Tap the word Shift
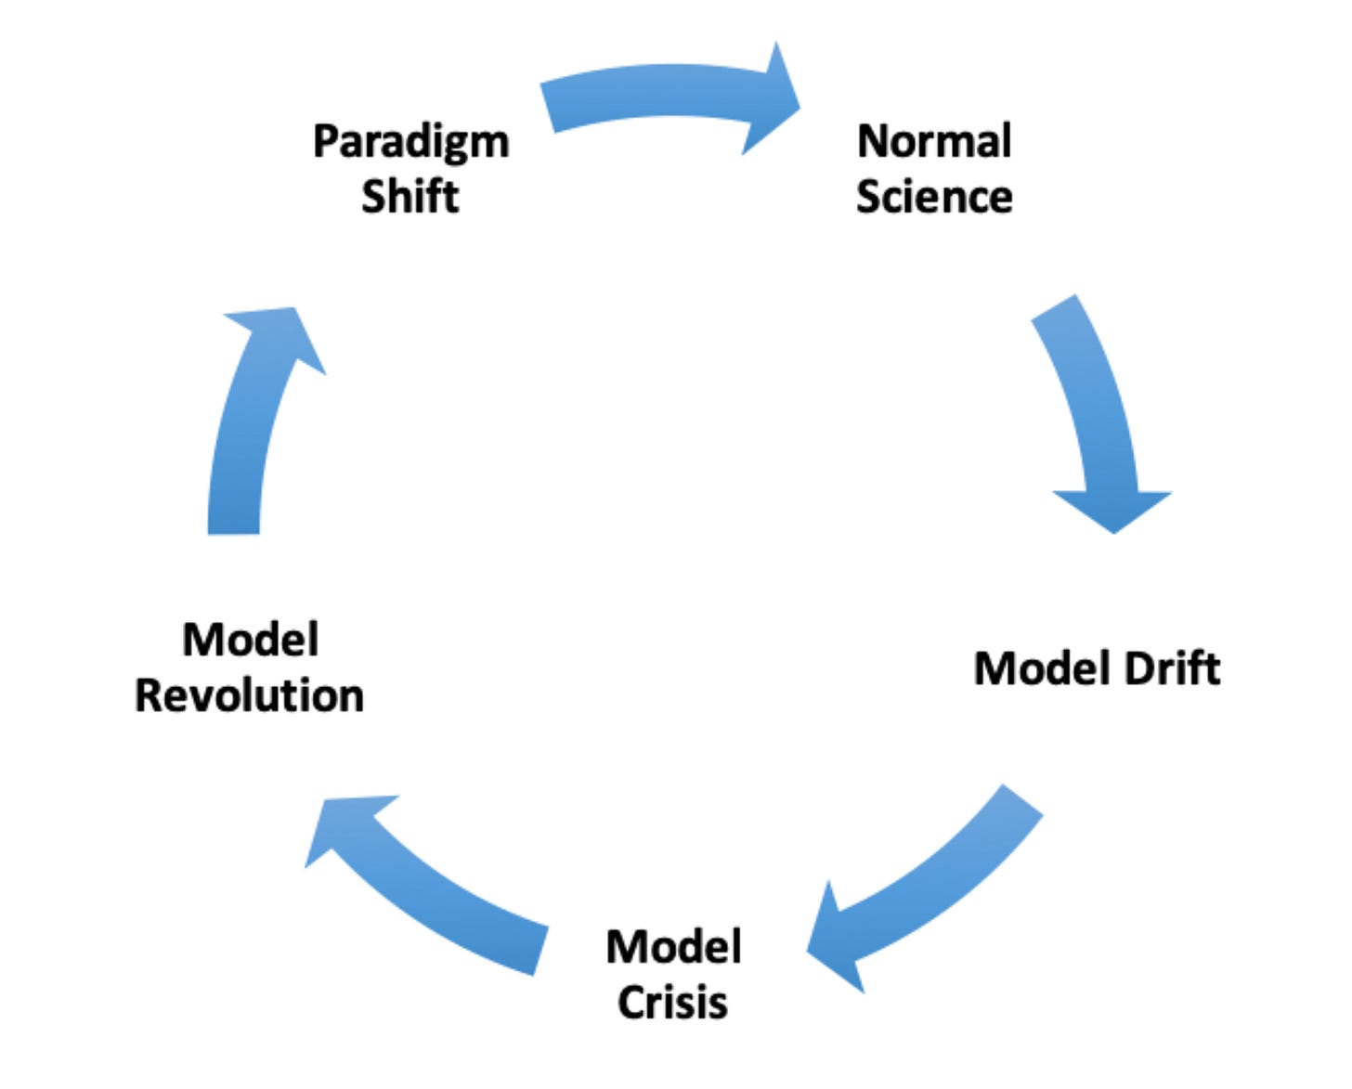pyautogui.click(x=409, y=197)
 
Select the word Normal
pyautogui.click(x=933, y=142)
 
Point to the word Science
pyautogui.click(x=933, y=197)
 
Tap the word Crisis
pyautogui.click(x=672, y=1003)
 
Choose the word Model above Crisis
pyautogui.click(x=673, y=948)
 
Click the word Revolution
pyautogui.click(x=249, y=695)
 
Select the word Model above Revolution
pyautogui.click(x=250, y=640)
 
